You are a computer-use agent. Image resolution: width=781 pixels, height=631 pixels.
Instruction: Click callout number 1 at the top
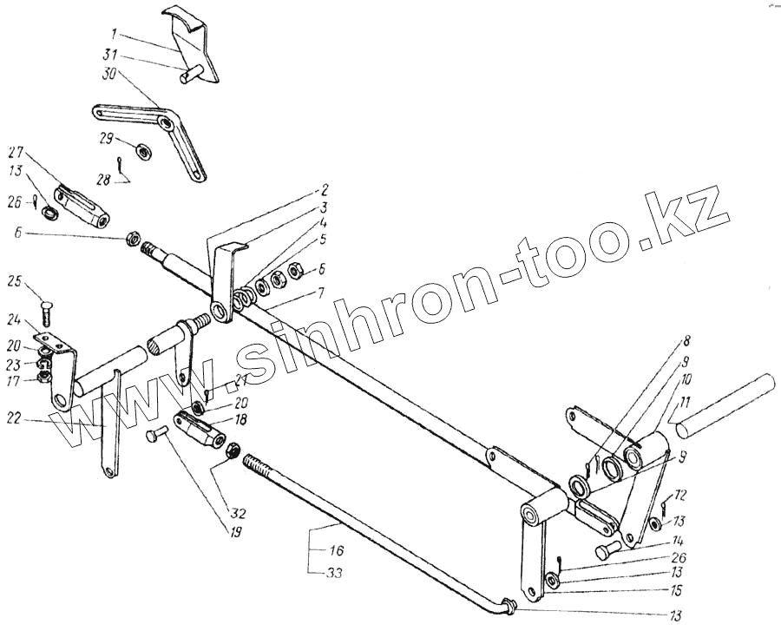pyautogui.click(x=115, y=36)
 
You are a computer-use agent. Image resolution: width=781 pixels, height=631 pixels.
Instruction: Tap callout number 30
pyautogui.click(x=108, y=76)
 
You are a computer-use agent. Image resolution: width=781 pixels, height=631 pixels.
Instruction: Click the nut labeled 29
pyautogui.click(x=144, y=148)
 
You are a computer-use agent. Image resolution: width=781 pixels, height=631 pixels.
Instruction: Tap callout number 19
pyautogui.click(x=234, y=530)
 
